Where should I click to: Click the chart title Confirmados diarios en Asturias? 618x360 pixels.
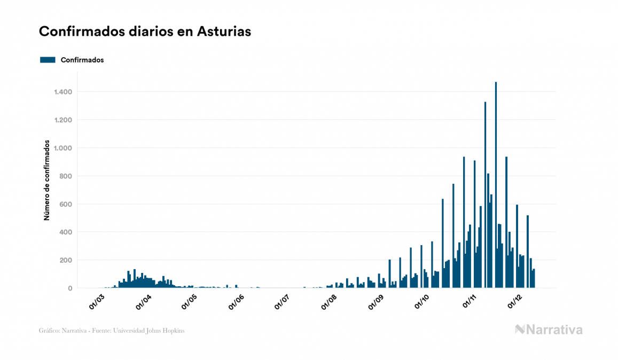[x=145, y=32]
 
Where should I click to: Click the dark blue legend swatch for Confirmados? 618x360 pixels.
[x=48, y=60]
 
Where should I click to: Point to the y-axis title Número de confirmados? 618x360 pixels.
[x=47, y=181]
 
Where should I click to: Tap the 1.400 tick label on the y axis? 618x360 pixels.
[x=63, y=92]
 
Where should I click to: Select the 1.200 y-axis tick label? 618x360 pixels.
[x=63, y=120]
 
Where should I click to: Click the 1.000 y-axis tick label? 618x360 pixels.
[x=63, y=148]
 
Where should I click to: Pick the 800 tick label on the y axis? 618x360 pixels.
[x=66, y=176]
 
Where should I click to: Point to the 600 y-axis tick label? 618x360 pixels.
[x=66, y=204]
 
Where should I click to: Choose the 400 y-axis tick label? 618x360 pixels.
[x=66, y=232]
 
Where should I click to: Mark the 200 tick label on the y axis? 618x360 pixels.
[x=66, y=260]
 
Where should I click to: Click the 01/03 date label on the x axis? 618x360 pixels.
[x=97, y=302]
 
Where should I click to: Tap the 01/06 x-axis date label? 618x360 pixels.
[x=237, y=302]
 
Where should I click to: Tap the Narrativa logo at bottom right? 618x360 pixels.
[x=549, y=330]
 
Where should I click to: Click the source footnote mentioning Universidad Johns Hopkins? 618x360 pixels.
[x=112, y=331]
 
